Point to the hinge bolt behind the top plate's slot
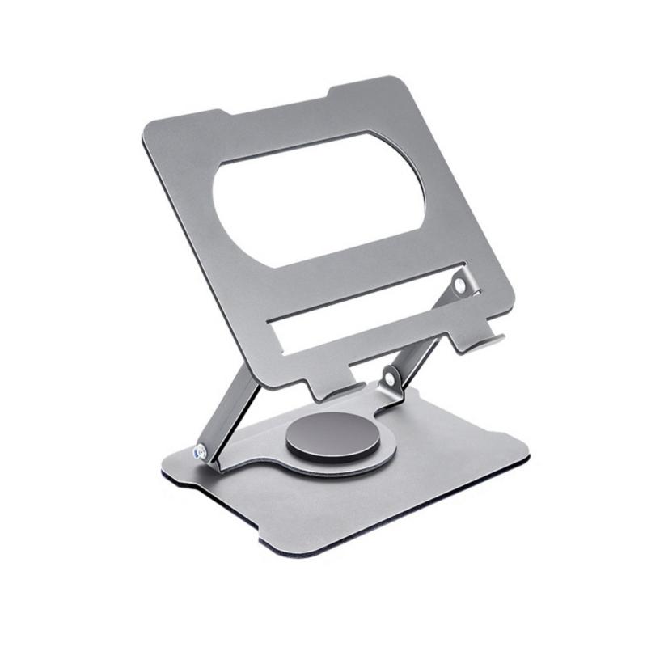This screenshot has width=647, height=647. tap(459, 285)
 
